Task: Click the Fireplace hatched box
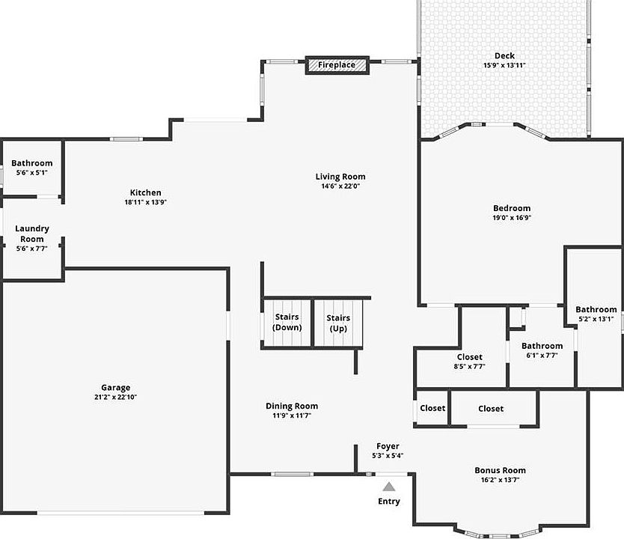337,65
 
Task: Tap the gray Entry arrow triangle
389,487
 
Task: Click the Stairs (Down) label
287,322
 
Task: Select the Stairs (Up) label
338,323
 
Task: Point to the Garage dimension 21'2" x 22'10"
115,397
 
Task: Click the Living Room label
340,177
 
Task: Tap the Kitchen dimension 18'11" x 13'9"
146,202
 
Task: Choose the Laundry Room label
32,234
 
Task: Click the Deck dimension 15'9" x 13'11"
504,65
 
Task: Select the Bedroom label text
511,208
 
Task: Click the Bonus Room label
500,470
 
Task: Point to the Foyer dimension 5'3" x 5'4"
388,455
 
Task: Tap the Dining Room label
292,406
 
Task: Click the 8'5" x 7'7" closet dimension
470,366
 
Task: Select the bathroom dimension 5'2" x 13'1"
596,318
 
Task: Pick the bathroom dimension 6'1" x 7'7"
542,355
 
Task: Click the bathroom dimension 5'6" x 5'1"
32,172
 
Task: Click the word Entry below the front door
389,501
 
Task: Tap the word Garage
115,387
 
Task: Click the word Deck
504,55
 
